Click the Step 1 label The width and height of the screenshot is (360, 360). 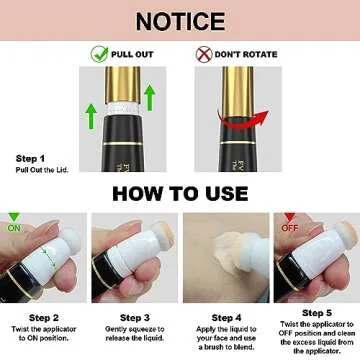tap(30, 158)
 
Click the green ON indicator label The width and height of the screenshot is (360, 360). tap(14, 226)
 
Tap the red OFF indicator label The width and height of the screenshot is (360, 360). tap(291, 226)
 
